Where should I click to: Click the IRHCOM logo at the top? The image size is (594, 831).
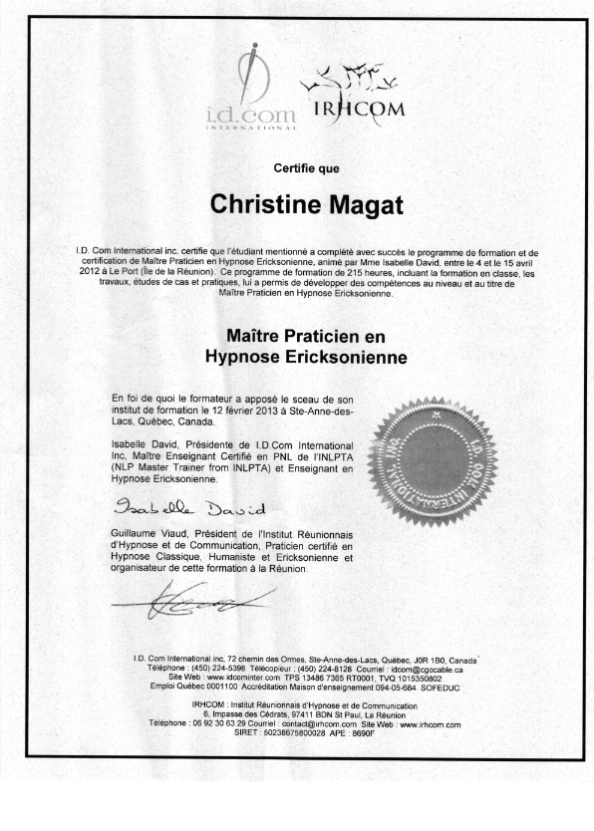pos(344,95)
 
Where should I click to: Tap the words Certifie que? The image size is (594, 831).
pos(298,167)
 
